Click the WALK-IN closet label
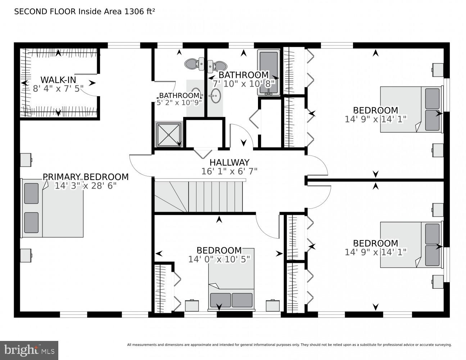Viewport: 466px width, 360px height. point(58,80)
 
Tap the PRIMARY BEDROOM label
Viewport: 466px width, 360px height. point(86,177)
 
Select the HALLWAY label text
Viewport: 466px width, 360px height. point(229,162)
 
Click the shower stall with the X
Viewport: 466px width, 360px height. point(168,135)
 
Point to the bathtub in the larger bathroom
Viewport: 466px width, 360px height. point(268,72)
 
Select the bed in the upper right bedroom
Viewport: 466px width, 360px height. point(411,109)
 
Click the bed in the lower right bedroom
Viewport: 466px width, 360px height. point(411,244)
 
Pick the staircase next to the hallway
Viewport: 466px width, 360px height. point(199,197)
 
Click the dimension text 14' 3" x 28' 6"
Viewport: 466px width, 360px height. point(86,186)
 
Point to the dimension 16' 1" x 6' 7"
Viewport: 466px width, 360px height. point(229,171)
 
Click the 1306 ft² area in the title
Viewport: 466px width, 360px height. point(140,12)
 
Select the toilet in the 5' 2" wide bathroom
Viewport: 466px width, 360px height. point(192,64)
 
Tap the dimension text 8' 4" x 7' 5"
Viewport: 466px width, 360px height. point(58,89)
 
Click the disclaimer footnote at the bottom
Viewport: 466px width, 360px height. point(289,345)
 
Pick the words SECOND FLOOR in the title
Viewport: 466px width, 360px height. point(45,12)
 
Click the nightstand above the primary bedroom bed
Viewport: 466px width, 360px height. point(26,160)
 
